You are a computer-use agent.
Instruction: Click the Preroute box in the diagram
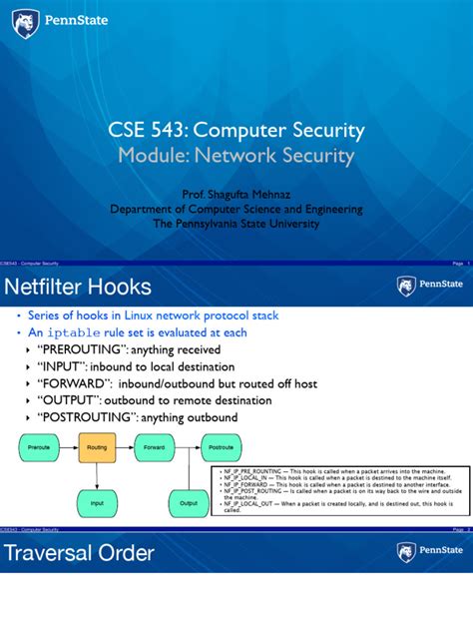coord(40,447)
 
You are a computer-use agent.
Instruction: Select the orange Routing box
coord(97,447)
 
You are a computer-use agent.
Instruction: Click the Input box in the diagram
coord(97,503)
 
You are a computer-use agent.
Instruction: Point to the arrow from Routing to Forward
coord(126,447)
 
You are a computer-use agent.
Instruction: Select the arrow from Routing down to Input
coord(97,475)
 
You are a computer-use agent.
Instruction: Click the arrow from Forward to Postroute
coord(187,447)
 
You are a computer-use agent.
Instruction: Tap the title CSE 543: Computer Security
coord(236,131)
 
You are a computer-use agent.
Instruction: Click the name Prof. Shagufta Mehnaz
coord(236,195)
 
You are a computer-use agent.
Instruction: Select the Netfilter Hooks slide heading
coord(80,289)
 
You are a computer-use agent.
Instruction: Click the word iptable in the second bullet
coord(73,333)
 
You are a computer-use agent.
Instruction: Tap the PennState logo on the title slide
coord(62,19)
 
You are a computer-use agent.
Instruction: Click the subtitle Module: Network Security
coord(236,156)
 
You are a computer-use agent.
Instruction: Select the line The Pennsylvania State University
coord(236,225)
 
